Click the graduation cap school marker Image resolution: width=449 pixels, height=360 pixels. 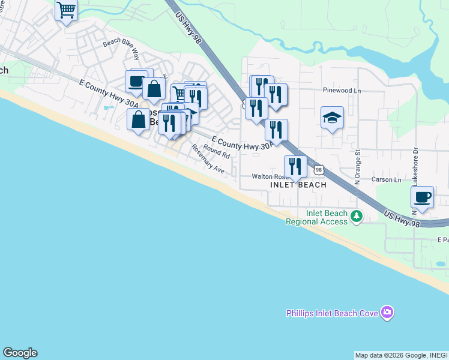332,119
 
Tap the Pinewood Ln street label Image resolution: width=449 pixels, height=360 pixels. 341,90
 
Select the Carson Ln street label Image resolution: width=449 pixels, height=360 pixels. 385,179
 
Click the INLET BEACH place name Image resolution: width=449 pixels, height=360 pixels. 298,185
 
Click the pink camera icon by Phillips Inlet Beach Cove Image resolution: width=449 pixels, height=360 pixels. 388,312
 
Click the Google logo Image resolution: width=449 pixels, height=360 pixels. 20,353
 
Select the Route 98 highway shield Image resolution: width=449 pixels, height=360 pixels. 319,170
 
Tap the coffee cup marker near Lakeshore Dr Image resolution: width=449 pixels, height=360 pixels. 423,197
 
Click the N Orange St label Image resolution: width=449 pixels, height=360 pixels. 357,166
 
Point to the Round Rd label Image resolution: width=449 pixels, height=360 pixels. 216,151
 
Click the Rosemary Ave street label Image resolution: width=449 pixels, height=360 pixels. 208,159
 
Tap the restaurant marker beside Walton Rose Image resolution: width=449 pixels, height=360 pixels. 295,166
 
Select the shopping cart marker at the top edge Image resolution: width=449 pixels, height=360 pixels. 66,10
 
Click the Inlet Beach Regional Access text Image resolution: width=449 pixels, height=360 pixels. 316,217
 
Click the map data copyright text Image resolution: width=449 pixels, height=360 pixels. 401,355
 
